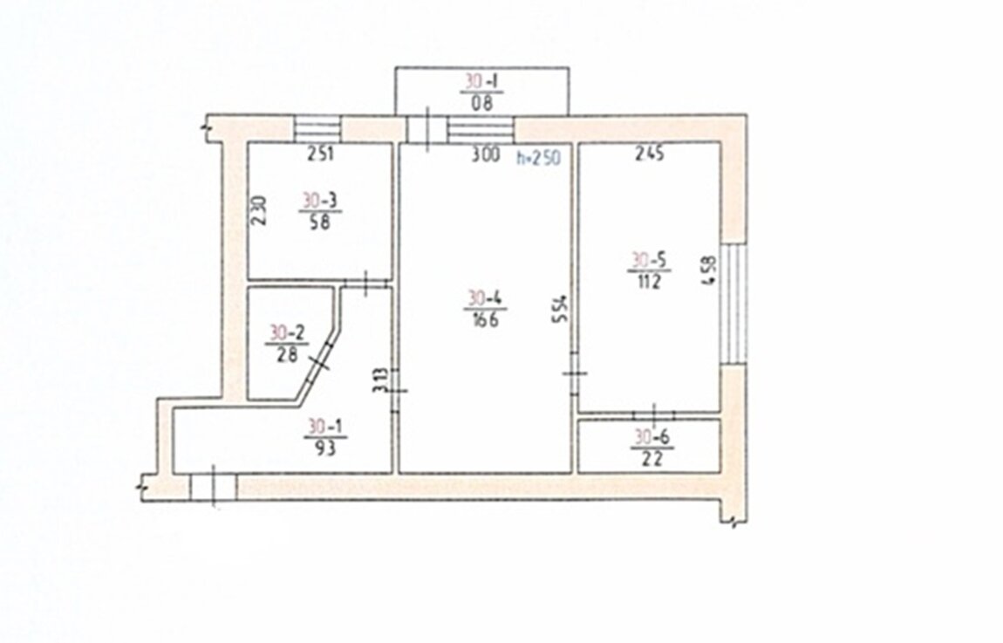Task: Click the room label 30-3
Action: [320, 201]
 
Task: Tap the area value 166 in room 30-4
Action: [486, 319]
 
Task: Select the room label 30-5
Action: [649, 260]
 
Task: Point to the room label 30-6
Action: [652, 437]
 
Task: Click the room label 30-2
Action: [287, 332]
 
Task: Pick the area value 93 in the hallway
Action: [325, 448]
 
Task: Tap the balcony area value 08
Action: [481, 103]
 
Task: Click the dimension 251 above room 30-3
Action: [320, 154]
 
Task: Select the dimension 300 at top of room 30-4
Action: [486, 154]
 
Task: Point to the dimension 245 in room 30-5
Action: [649, 154]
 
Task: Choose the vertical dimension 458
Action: [710, 271]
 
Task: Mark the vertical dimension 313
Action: [381, 380]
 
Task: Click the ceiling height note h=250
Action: [539, 157]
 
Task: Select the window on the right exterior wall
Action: [733, 304]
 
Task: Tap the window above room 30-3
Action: [318, 128]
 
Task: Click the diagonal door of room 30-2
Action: [320, 363]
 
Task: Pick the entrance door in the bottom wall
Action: [213, 487]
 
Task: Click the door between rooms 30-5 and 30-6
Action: [654, 414]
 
